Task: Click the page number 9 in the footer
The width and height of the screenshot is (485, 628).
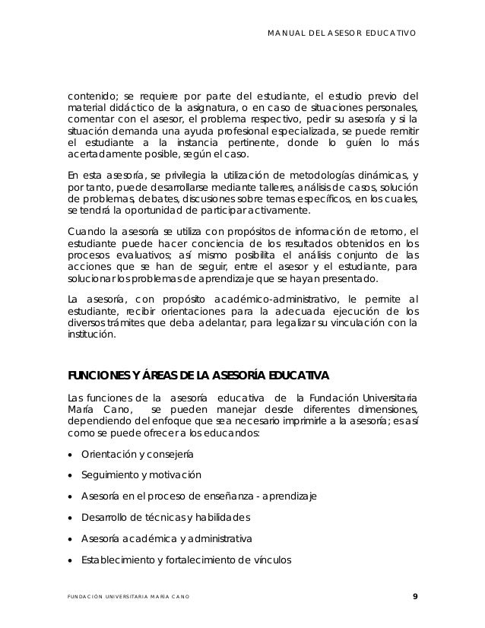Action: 414,595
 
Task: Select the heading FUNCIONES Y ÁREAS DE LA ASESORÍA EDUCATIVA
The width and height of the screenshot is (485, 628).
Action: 198,375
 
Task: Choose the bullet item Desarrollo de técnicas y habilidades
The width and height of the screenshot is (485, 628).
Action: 164,518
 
